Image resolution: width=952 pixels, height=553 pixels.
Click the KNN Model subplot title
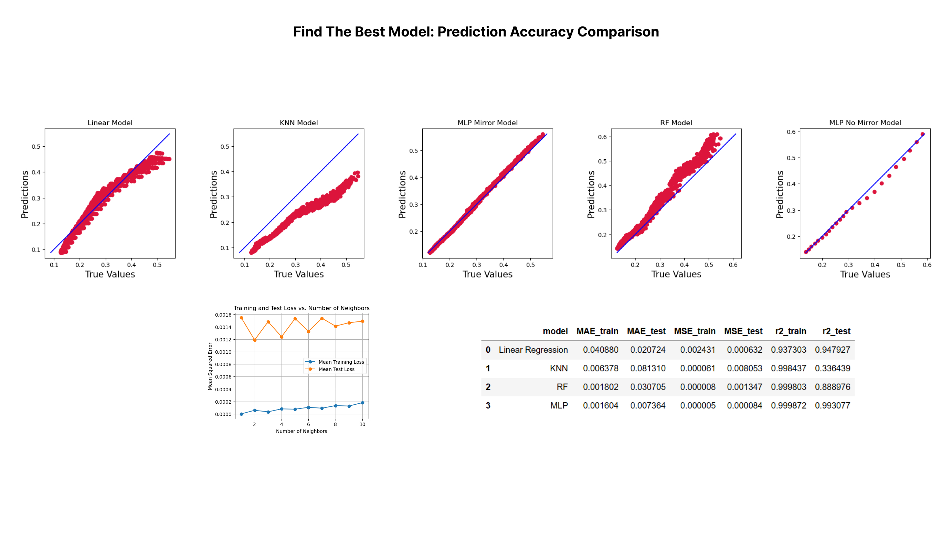[298, 123]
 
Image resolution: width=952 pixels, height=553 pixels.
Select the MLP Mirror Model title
[487, 123]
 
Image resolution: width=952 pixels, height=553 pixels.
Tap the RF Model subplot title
[676, 123]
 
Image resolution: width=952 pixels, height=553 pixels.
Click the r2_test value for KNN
[832, 368]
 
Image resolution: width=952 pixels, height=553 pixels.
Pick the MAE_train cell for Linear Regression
[600, 350]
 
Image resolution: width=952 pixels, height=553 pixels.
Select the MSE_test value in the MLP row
[744, 405]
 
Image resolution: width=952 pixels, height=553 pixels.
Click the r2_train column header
[790, 331]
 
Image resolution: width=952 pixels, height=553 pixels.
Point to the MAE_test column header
[646, 331]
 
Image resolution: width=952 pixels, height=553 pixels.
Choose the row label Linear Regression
[533, 350]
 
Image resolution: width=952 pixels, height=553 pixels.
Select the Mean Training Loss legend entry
[341, 362]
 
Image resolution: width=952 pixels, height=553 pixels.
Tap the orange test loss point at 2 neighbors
[255, 340]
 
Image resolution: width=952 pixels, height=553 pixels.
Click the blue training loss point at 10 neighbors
[363, 403]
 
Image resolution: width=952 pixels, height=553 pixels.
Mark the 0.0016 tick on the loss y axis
[223, 315]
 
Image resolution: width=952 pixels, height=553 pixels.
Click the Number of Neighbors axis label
[302, 431]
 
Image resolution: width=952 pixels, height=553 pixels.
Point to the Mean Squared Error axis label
[210, 366]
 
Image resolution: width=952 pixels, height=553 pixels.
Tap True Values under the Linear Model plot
[110, 274]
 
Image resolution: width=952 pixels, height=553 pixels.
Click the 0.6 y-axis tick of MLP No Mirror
[791, 132]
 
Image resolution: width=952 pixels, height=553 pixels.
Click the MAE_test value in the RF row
[647, 387]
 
